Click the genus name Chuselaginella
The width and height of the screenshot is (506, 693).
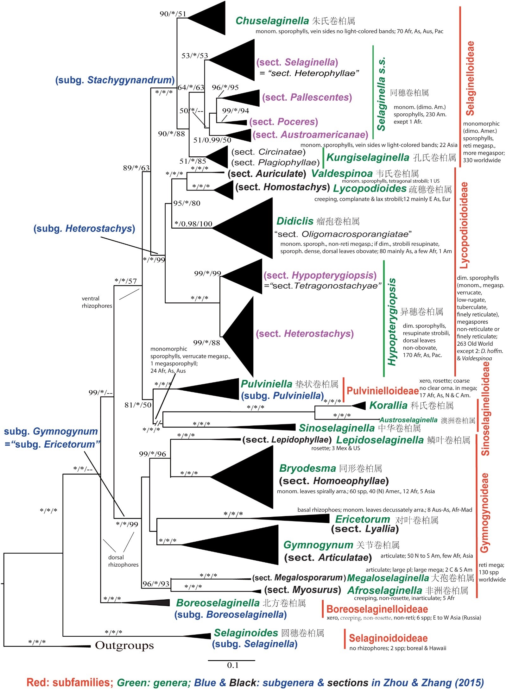pos(272,21)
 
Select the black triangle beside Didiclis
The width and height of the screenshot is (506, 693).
pos(250,228)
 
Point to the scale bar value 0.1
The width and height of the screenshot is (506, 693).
pos(232,665)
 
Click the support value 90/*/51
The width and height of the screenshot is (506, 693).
pos(173,14)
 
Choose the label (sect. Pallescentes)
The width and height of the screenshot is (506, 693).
pos(307,97)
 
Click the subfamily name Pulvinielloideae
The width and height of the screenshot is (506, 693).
pos(383,391)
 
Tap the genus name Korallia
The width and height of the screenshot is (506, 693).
pos(388,405)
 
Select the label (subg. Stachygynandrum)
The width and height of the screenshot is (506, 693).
pos(115,80)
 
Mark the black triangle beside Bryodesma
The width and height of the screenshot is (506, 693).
pos(250,476)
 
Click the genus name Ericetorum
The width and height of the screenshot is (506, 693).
pos(363,519)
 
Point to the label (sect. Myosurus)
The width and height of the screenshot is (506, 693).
pos(302,590)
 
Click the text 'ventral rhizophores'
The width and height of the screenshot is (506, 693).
pos(97,302)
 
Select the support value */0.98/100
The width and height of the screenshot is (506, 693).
pos(193,224)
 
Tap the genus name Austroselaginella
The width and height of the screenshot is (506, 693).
pos(408,420)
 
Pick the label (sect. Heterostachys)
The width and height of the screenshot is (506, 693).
pos(305,333)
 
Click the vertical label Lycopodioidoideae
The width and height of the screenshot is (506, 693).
pos(464,225)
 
